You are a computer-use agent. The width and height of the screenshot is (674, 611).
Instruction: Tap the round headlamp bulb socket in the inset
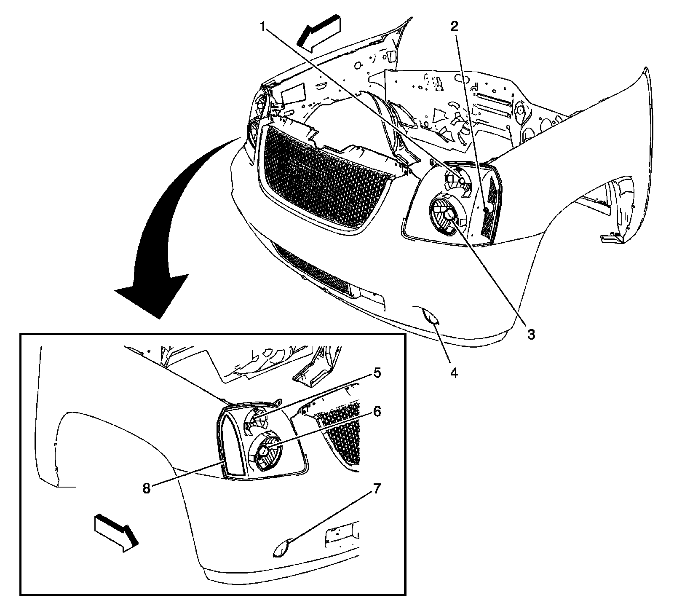coord(265,451)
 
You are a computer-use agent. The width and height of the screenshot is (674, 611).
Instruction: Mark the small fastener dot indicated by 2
coord(485,210)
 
